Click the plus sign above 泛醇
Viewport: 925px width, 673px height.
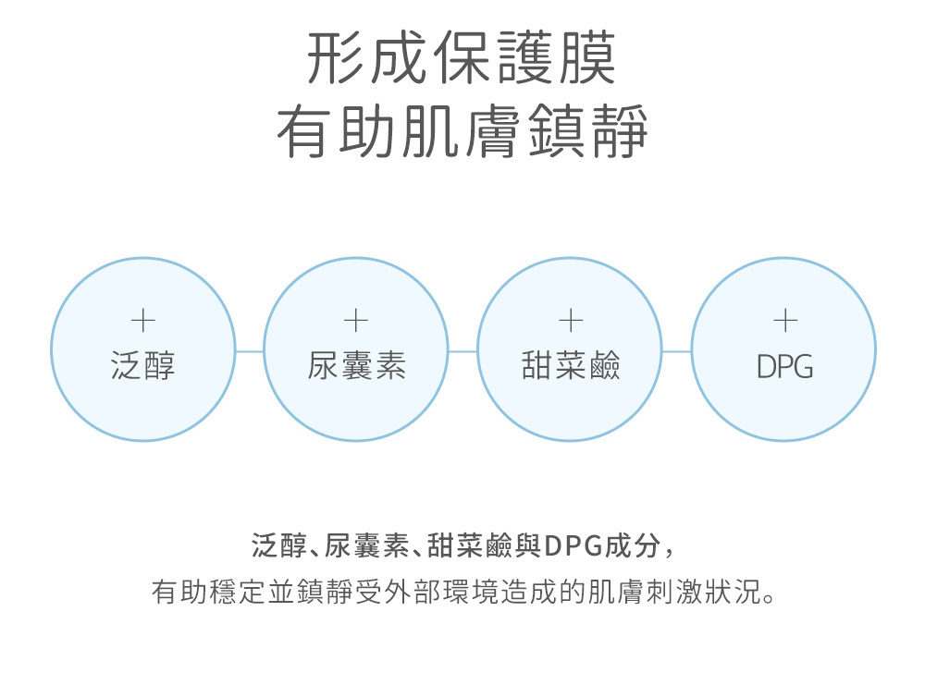click(142, 321)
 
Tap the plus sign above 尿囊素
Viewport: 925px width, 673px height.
click(356, 321)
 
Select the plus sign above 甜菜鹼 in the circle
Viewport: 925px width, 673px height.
click(570, 321)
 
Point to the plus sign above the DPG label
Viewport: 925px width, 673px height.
click(784, 321)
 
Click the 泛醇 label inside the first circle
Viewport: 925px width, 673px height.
click(142, 367)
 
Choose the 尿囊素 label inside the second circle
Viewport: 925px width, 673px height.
click(356, 367)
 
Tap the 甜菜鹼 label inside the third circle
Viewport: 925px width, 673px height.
click(570, 367)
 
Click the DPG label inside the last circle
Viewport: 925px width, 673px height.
click(784, 368)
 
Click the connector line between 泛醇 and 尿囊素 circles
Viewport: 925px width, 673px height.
click(250, 351)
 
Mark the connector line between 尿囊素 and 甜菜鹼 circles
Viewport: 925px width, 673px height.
click(462, 351)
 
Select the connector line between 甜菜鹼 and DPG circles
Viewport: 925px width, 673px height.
click(677, 351)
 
